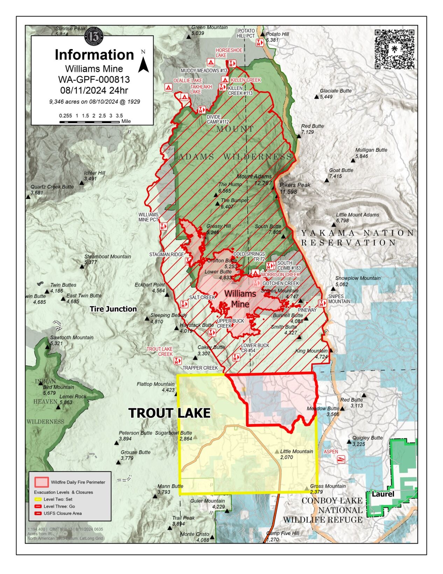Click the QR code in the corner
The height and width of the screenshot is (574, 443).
[x=394, y=49]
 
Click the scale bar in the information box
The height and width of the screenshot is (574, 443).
[x=89, y=122]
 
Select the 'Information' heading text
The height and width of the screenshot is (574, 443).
[x=94, y=55]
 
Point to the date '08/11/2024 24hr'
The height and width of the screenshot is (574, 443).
[x=94, y=90]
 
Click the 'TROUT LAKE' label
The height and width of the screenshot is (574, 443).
[x=169, y=413]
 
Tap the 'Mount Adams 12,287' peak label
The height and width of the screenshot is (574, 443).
[x=254, y=179]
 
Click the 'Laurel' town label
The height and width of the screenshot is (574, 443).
[x=382, y=494]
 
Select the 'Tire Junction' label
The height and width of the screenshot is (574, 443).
[x=113, y=309]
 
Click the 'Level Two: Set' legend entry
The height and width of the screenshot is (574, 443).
[x=58, y=499]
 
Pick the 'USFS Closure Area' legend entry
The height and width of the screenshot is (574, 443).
[x=62, y=513]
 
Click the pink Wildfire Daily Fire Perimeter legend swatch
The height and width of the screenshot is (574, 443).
[x=41, y=482]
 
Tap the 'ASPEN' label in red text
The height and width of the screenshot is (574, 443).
[x=331, y=452]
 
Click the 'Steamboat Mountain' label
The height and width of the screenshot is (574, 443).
[x=107, y=257]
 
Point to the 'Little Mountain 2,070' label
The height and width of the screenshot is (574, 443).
[x=296, y=454]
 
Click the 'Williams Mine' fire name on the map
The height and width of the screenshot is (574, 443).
[x=240, y=299]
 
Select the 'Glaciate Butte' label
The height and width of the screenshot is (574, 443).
[x=336, y=91]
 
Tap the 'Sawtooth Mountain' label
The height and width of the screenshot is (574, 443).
[x=72, y=337]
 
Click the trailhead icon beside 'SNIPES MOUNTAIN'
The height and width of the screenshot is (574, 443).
[x=322, y=303]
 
